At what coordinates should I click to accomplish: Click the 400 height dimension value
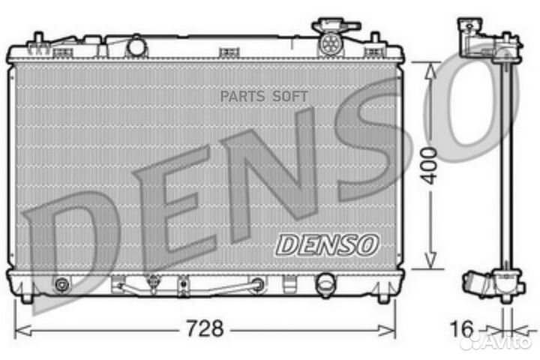[429, 166]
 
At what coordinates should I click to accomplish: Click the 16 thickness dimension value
[462, 328]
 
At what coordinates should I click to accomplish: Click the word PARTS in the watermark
[242, 97]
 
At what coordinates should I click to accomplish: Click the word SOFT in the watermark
[289, 97]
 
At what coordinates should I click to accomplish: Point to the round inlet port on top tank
[136, 46]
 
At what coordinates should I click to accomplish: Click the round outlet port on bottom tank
[325, 285]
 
